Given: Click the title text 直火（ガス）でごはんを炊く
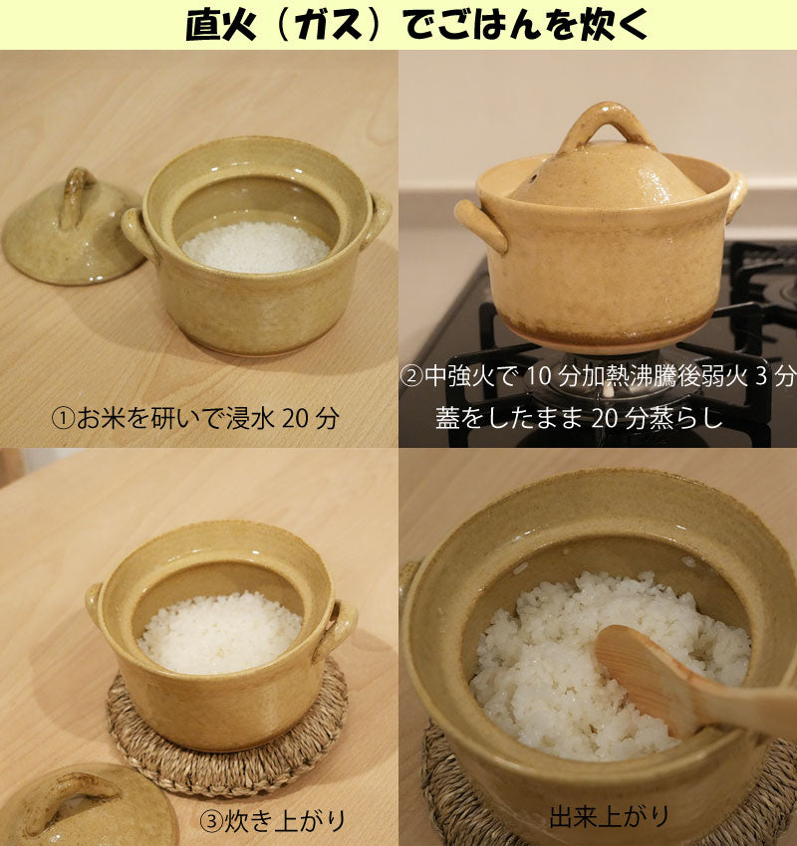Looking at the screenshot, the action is [415, 24].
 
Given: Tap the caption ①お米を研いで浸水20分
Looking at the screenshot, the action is [195, 418].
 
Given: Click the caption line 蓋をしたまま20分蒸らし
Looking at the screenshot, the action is [579, 418].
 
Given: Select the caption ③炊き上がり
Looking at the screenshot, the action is [273, 821].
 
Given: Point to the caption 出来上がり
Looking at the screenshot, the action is [609, 816].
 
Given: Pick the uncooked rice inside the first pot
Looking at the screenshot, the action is [256, 248].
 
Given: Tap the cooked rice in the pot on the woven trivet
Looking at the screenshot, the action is [220, 632].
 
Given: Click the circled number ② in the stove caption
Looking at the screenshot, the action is [411, 376].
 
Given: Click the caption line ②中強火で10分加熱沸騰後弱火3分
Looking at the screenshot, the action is [599, 376].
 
